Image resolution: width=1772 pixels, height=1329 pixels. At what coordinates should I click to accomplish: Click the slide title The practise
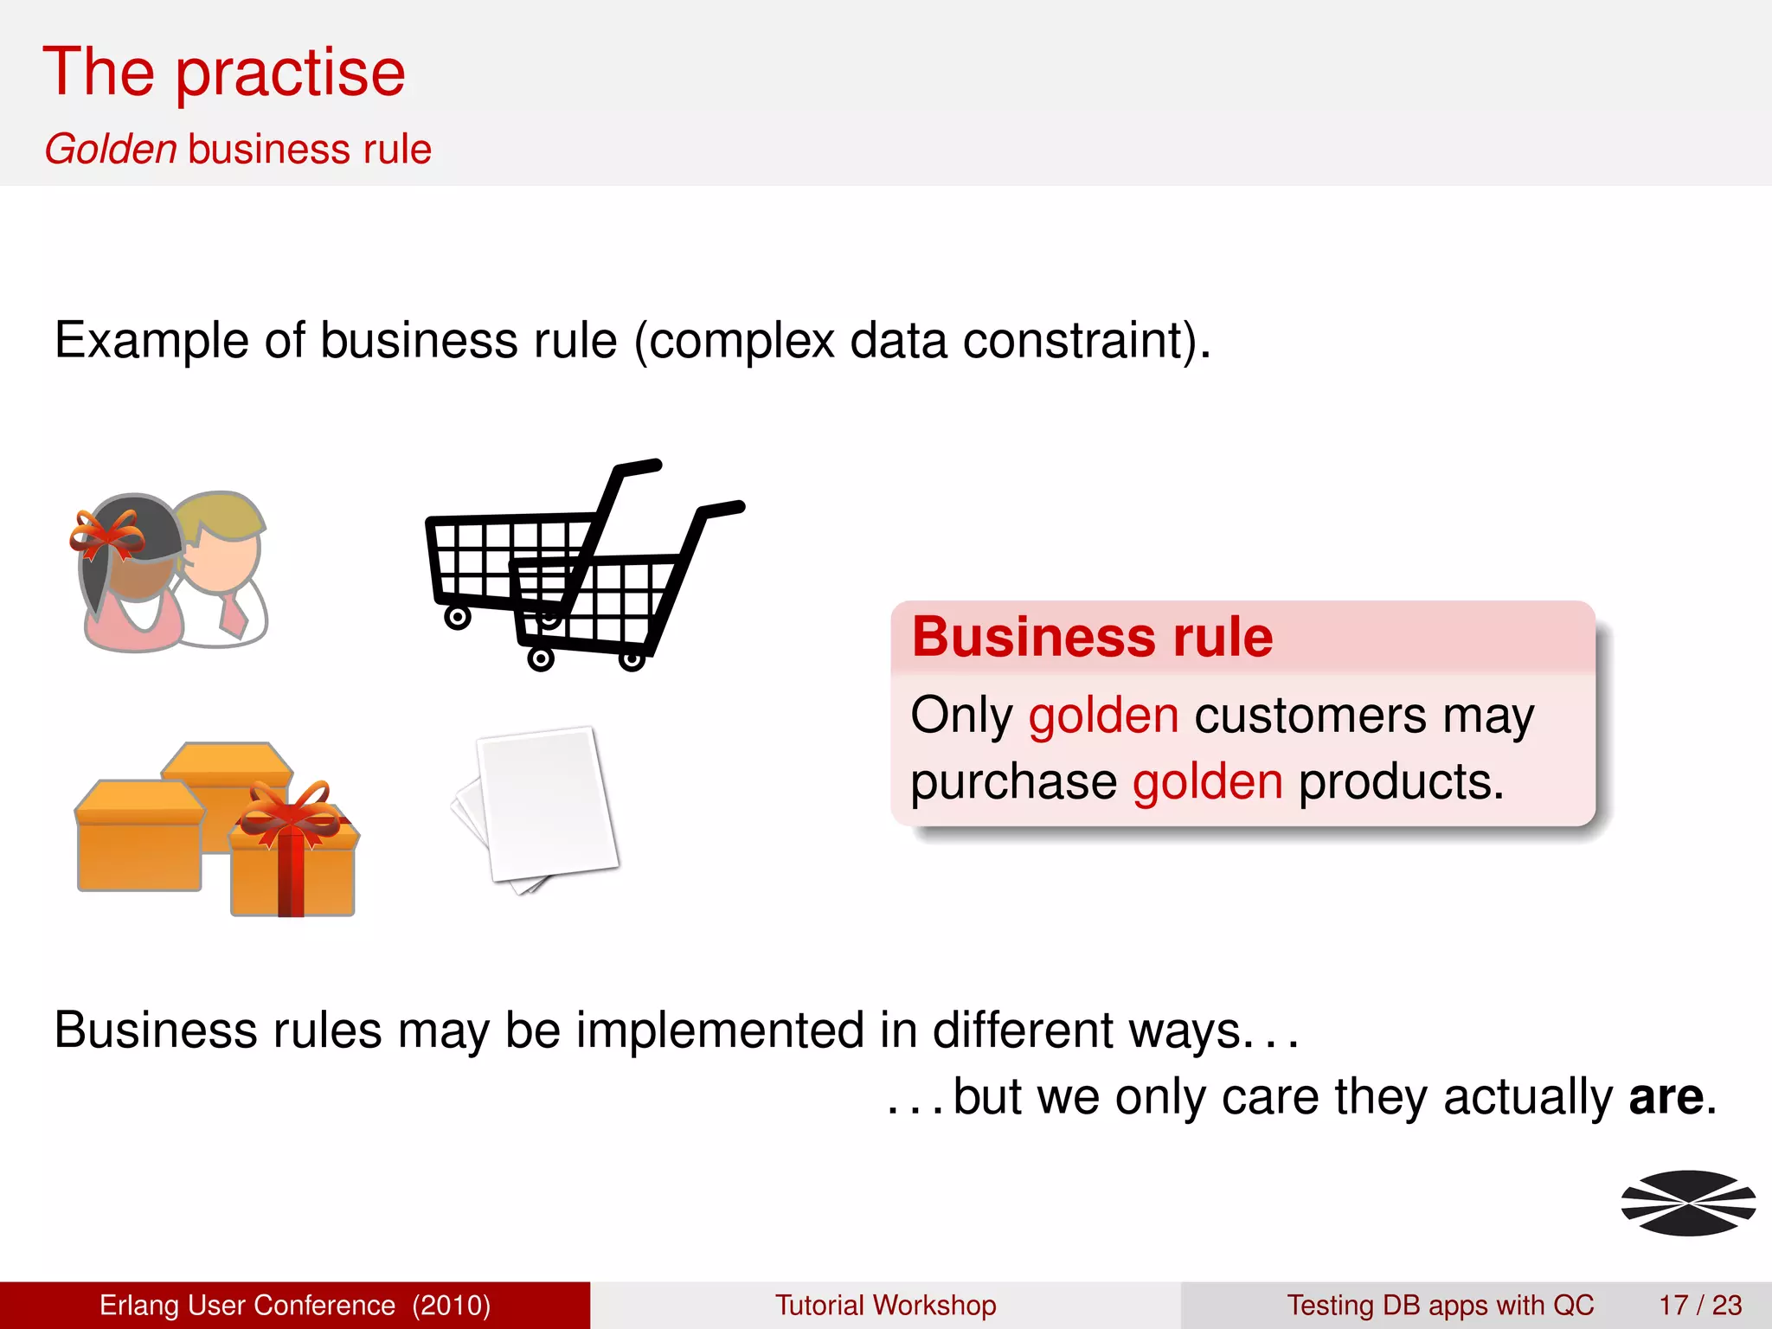coord(223,73)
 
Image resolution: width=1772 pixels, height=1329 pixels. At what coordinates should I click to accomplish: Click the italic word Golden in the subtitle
coord(111,149)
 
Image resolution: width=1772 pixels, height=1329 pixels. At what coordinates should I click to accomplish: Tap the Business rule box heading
coord(1092,638)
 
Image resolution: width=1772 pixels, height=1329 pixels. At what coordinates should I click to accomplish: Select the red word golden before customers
coord(1103,716)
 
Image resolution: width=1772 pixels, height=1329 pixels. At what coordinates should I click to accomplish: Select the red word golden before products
coord(1207,783)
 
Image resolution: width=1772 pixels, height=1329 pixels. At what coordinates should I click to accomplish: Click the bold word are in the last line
coord(1666,1097)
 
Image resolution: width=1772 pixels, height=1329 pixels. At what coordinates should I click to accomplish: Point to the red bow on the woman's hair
coord(106,535)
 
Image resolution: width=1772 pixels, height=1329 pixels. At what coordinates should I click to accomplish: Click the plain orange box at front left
coord(138,839)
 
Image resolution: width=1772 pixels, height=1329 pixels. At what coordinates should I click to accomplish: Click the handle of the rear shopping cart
coord(639,467)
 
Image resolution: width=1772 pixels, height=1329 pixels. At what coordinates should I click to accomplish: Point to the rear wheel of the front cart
coord(541,659)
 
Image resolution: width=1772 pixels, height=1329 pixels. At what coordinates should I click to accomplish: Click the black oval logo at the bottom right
coord(1687,1203)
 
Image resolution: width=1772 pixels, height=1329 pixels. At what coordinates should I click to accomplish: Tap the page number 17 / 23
coord(1699,1305)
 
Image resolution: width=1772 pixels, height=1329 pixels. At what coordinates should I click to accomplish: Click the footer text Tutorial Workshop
coord(885,1305)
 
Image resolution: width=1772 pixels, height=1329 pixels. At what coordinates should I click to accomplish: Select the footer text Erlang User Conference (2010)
coord(294,1305)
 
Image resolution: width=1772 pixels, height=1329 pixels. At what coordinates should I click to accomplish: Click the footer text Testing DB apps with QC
coord(1440,1305)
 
